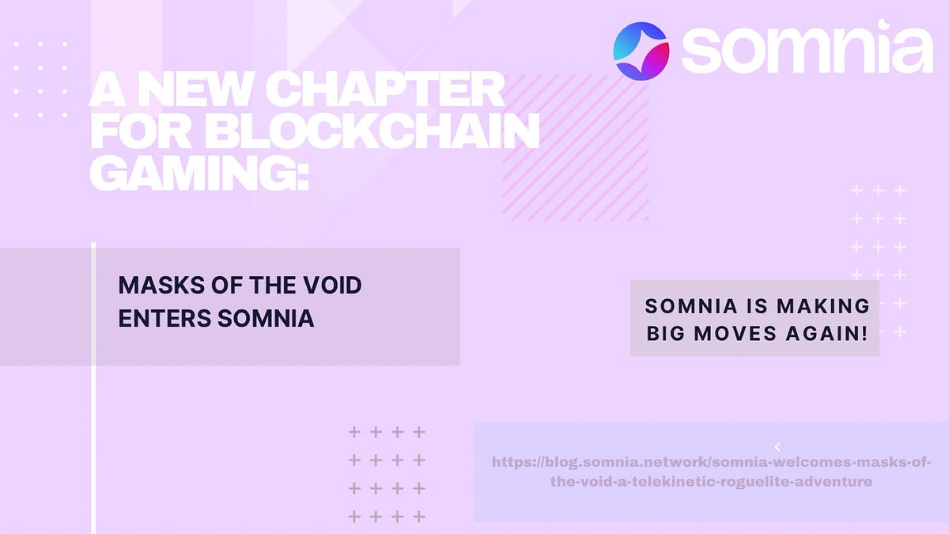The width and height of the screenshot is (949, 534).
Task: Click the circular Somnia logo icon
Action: click(641, 51)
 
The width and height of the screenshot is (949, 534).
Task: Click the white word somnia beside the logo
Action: click(807, 50)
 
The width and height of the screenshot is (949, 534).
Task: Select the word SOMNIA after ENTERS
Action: click(265, 318)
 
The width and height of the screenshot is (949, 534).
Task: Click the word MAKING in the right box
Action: click(822, 305)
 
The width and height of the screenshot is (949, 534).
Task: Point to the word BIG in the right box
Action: click(667, 333)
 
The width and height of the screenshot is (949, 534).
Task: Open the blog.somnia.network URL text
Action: click(711, 472)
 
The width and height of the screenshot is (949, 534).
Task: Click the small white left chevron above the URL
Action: click(777, 447)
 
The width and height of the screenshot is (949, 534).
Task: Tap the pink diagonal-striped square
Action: click(575, 147)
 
